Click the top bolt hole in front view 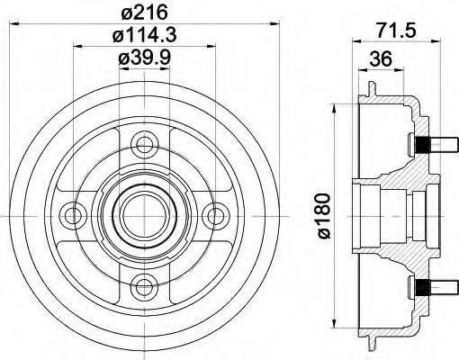pyautogui.click(x=140, y=142)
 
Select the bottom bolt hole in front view pyautogui.click(x=140, y=286)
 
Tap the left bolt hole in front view pyautogui.click(x=69, y=214)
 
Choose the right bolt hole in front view pyautogui.click(x=212, y=214)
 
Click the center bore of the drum pyautogui.click(x=140, y=214)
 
